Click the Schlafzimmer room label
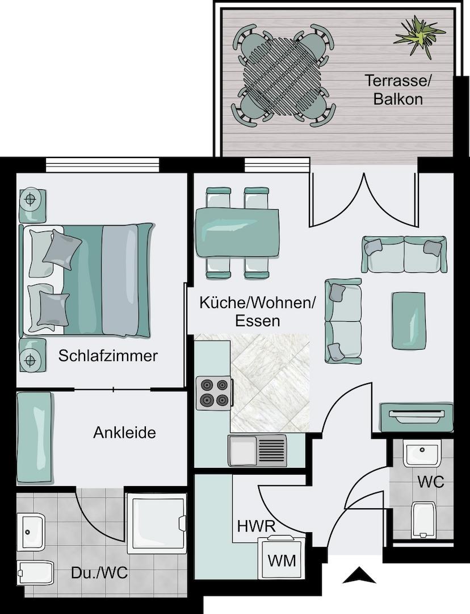click(x=108, y=356)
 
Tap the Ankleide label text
click(x=124, y=433)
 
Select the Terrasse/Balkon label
click(x=398, y=89)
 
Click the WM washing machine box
click(x=282, y=560)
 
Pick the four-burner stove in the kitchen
click(x=214, y=393)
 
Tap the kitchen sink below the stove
click(x=258, y=451)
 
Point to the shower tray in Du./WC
click(x=156, y=523)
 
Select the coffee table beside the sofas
click(x=409, y=320)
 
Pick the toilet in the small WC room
click(x=423, y=519)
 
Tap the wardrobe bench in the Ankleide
click(x=35, y=438)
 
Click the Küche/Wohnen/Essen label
click(x=257, y=311)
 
